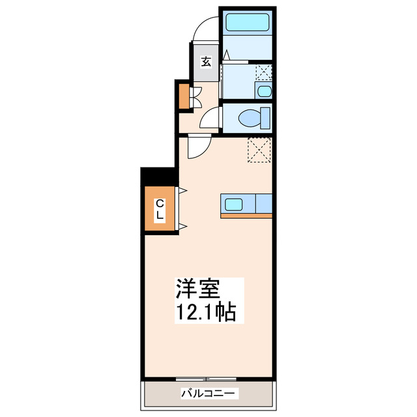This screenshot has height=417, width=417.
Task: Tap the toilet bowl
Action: point(249,118)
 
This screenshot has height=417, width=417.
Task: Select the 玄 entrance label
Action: point(205,62)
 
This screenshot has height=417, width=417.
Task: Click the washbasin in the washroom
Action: point(263,91)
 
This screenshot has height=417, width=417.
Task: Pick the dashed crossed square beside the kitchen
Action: point(259,151)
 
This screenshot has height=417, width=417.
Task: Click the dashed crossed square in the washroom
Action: point(263,71)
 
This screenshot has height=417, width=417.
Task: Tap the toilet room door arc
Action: point(210,119)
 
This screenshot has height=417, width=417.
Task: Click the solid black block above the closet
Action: point(159,175)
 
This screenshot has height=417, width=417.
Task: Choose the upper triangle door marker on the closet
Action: point(182,190)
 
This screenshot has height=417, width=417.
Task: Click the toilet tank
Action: point(266,117)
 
